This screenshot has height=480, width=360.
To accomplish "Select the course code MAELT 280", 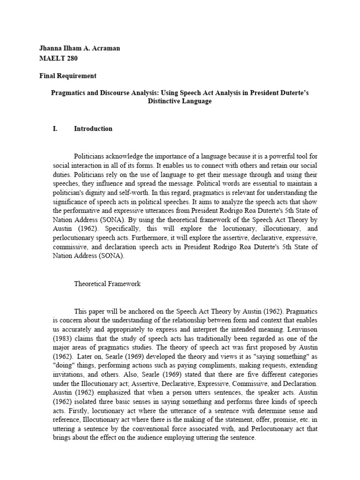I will click(58, 59).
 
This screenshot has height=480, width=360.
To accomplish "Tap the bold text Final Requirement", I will click(68, 75).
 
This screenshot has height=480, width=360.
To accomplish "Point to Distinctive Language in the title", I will click(180, 101).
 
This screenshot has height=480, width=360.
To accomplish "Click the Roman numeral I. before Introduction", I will click(55, 128).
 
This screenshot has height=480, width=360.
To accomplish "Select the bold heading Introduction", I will click(93, 128).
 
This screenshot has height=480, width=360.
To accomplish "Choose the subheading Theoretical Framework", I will click(107, 284).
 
